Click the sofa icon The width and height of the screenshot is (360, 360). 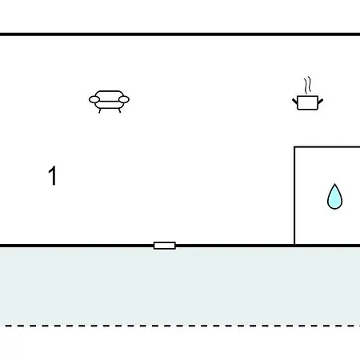click(109, 102)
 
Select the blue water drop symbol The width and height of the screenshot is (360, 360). click(334, 197)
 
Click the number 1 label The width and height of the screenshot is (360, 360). click(53, 175)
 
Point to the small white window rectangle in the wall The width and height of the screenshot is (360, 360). click(165, 246)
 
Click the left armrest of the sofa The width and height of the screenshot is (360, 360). click(94, 100)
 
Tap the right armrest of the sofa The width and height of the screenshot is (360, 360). click(124, 100)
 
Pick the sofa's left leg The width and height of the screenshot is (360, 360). click(100, 110)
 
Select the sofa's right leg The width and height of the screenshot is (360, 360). click(119, 110)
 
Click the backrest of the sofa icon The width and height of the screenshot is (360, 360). click(110, 92)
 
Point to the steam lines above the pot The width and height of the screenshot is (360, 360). click(307, 85)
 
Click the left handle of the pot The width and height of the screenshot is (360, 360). click(294, 101)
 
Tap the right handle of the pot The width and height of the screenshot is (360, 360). click(320, 101)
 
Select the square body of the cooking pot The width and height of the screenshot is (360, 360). click(307, 102)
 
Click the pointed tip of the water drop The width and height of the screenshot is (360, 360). click(334, 184)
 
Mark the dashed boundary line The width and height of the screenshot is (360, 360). click(180, 326)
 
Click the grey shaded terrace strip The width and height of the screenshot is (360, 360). click(180, 286)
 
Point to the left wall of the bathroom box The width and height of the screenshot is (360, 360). click(294, 195)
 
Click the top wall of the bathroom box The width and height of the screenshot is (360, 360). click(327, 146)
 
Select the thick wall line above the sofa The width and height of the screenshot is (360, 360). click(180, 34)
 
